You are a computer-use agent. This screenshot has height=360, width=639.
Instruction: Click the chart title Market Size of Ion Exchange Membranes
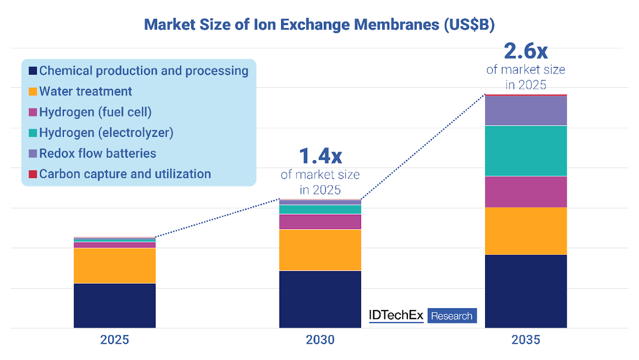point(319,24)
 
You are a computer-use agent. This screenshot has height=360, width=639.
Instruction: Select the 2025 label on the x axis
point(114,340)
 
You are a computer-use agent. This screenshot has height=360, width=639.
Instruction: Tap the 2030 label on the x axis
point(320,340)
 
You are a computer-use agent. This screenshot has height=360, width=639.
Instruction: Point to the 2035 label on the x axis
point(526,340)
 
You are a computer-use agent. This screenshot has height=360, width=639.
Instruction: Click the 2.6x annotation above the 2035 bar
point(526,51)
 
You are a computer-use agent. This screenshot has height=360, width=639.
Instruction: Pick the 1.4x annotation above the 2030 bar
point(320,156)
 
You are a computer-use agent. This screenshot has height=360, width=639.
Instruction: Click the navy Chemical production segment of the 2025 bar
point(114,305)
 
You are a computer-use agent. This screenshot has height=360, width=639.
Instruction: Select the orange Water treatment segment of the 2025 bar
point(114,265)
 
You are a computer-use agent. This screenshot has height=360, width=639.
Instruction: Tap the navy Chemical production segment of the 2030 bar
point(320,299)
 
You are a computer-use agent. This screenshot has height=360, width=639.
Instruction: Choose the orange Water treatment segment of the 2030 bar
point(320,250)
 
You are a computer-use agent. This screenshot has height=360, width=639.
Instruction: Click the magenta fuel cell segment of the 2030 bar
point(320,222)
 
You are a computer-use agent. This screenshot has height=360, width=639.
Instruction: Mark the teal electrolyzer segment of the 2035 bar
point(526,151)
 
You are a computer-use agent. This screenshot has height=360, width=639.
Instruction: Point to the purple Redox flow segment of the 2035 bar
point(526,110)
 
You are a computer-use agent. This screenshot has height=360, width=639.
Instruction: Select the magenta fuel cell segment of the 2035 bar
point(526,191)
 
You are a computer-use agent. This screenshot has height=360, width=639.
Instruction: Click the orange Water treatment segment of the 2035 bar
point(526,231)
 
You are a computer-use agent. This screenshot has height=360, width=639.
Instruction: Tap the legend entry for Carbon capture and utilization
point(125,174)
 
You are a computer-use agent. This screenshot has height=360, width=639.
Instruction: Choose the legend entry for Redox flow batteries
point(97,153)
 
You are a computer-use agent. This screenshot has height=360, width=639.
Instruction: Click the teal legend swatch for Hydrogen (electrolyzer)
point(32,133)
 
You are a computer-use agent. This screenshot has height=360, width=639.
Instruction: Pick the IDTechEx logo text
point(396,315)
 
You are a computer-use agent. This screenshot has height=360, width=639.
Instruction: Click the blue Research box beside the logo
point(452,316)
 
